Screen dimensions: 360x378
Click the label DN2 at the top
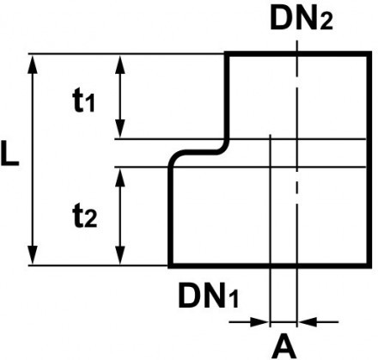tap(296, 18)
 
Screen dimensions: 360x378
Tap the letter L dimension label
tap(10, 160)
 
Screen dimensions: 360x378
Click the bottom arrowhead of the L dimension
tap(34, 257)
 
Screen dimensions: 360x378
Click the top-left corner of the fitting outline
tap(227, 54)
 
